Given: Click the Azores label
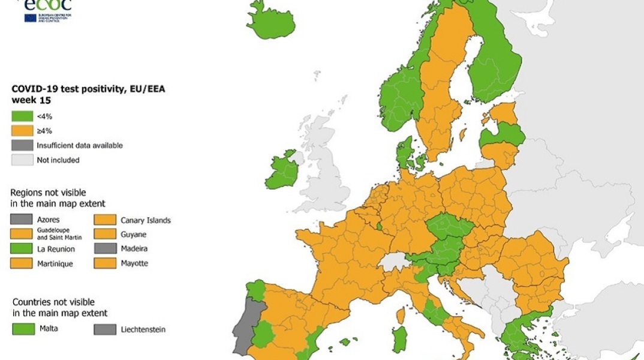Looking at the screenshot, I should click(48, 220).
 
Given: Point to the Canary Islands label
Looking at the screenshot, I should click(146, 220).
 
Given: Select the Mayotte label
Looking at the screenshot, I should click(134, 263).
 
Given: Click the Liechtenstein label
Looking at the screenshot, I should click(143, 329).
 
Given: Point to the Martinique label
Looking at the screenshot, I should click(55, 264).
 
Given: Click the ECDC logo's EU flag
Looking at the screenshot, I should click(31, 18).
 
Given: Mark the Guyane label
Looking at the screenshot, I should click(133, 235).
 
